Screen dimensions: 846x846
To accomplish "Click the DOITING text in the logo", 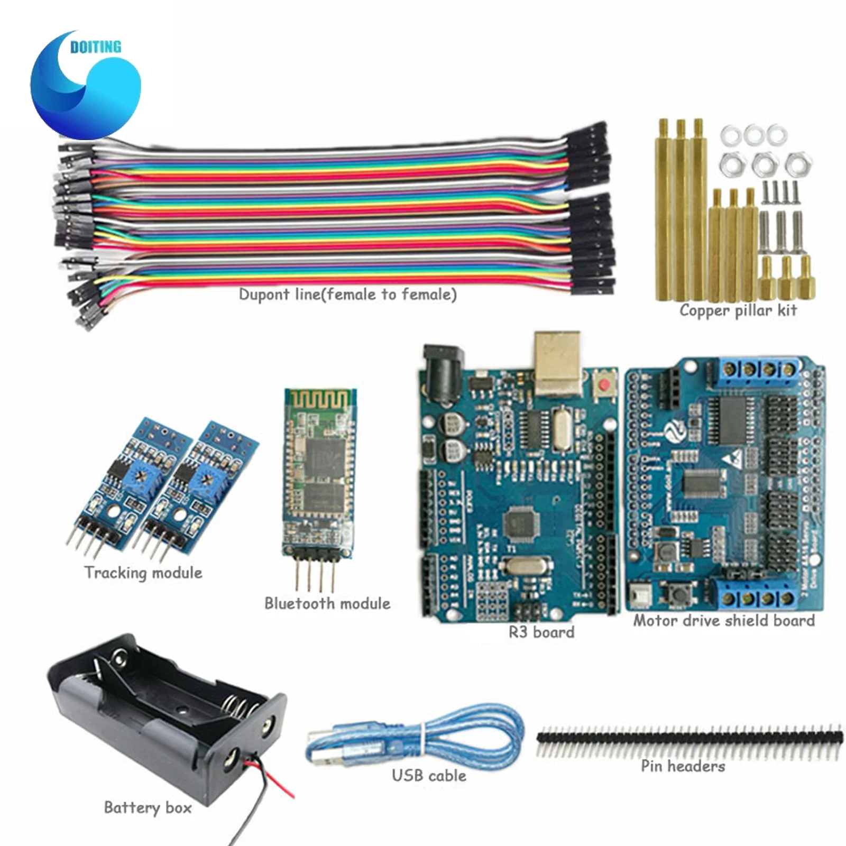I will (96, 47).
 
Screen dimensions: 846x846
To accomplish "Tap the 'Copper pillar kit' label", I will (738, 310).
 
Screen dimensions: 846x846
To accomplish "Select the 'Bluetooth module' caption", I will (327, 603).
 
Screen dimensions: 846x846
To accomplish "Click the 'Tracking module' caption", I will (143, 573).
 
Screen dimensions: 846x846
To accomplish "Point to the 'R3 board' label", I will (541, 632).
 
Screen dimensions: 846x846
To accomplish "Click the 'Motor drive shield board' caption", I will (724, 620).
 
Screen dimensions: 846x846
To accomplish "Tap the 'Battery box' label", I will (148, 807).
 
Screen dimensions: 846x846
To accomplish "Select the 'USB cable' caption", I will (429, 776).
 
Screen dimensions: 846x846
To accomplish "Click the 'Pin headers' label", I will (683, 766).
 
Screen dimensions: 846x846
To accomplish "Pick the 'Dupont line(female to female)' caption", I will (348, 295).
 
